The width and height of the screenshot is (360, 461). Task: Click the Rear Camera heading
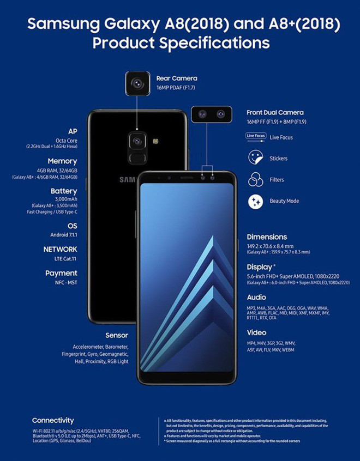177,78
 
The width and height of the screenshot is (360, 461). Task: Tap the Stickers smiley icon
255,159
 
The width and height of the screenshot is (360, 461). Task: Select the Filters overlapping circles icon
255,180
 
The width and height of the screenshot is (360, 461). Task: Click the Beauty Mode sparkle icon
255,201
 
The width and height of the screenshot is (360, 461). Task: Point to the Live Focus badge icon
256,137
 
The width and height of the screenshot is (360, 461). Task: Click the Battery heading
64,191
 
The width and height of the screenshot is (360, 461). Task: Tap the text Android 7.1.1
64,234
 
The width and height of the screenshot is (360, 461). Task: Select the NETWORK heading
60,249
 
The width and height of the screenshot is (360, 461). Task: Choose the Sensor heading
117,335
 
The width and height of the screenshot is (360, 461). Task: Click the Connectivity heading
53,421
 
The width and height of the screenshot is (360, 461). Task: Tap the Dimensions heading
267,237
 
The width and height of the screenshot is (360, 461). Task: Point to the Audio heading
256,298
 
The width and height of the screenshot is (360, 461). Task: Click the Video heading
256,332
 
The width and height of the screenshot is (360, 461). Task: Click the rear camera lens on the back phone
137,142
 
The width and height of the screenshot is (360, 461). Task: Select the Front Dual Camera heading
275,113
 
